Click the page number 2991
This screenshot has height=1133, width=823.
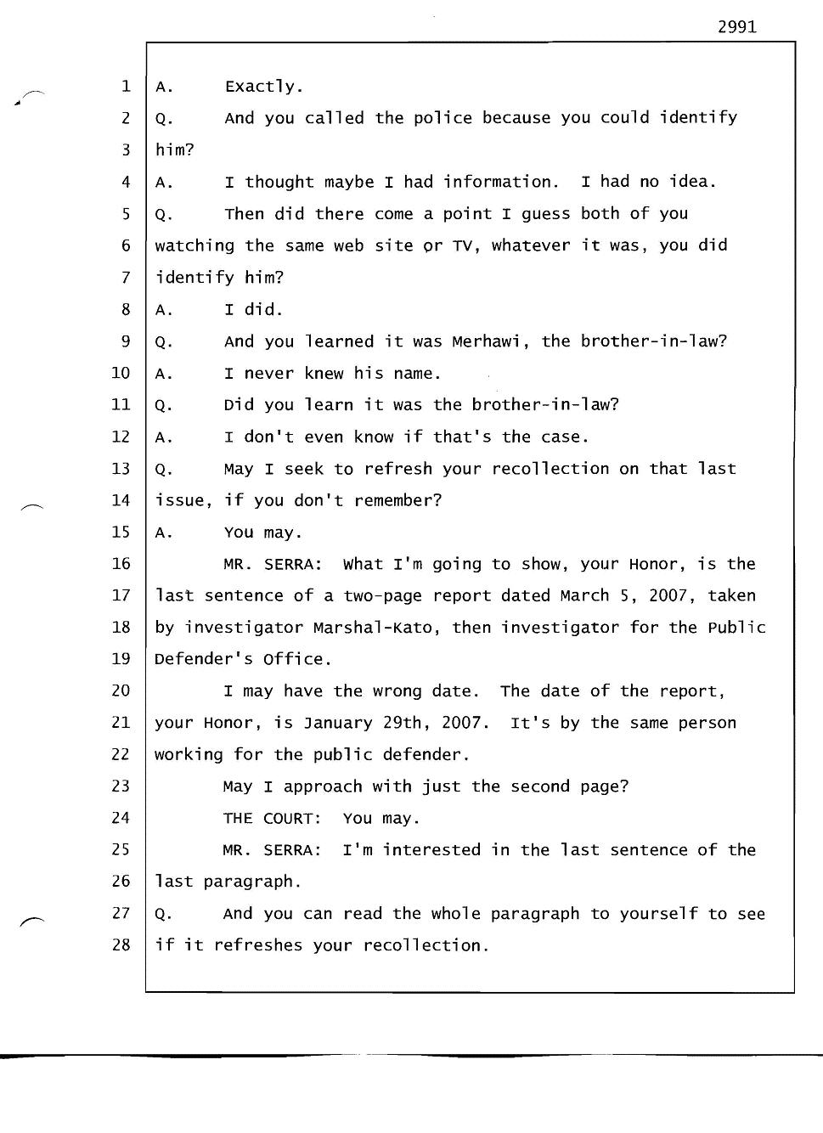coord(736,26)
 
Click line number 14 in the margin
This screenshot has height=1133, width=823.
coord(121,500)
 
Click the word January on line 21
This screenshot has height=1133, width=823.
coord(338,723)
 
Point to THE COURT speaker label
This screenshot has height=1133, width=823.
coord(272,819)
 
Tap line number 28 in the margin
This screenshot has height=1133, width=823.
coord(121,944)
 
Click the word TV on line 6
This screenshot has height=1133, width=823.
coord(461,245)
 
